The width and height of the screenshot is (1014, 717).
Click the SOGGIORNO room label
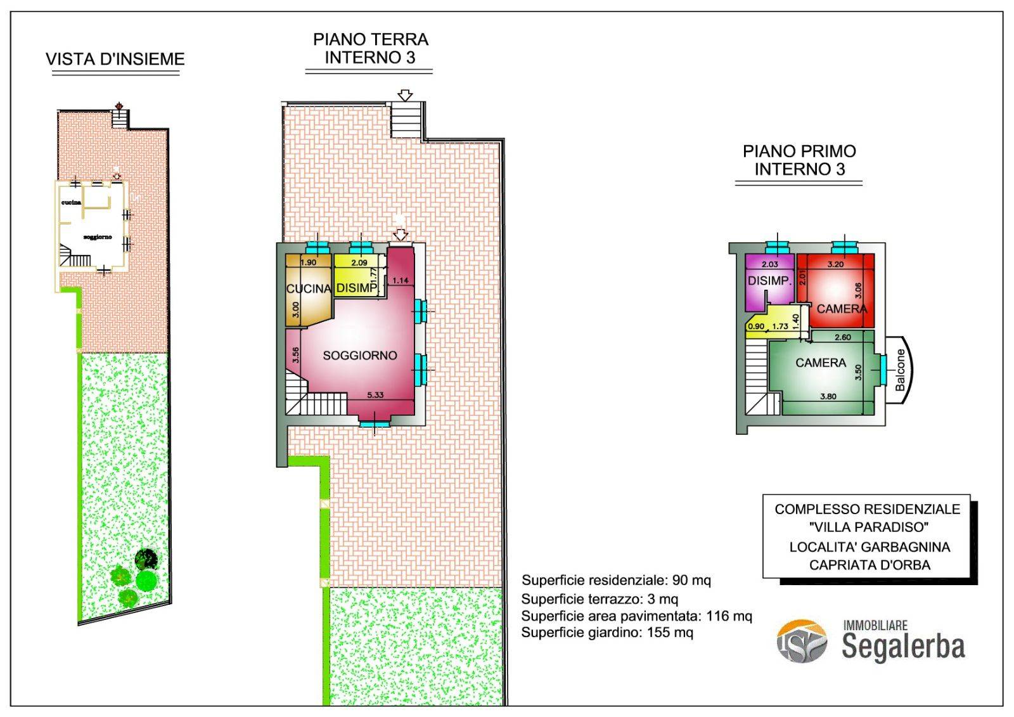coord(360,356)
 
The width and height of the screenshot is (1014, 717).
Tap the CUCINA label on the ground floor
coord(309,288)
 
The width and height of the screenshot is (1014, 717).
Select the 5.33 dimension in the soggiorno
coord(375,395)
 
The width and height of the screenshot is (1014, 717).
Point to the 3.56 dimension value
coord(295,354)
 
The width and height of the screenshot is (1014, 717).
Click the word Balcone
coord(901,370)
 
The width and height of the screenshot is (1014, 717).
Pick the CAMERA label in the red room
coord(842,309)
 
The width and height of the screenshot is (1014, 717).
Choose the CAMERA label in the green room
coord(821,363)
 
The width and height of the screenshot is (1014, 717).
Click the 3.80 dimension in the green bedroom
coord(828,396)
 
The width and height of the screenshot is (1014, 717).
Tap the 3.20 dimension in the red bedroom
coord(836,264)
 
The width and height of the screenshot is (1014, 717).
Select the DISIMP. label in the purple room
coord(769,281)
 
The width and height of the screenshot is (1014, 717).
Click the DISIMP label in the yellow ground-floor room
coord(357,288)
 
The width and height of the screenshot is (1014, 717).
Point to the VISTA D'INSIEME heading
coord(115,60)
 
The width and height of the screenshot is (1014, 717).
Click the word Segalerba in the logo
coord(903,647)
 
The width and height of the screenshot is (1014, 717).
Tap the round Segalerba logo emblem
coord(802,641)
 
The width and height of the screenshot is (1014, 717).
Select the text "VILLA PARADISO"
coord(869,527)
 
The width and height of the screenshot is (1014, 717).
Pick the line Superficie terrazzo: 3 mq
coord(600,599)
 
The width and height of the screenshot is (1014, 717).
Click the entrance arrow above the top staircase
coord(405,96)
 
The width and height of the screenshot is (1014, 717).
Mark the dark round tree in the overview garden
coord(146,559)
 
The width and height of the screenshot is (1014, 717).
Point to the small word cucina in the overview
coord(71,202)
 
